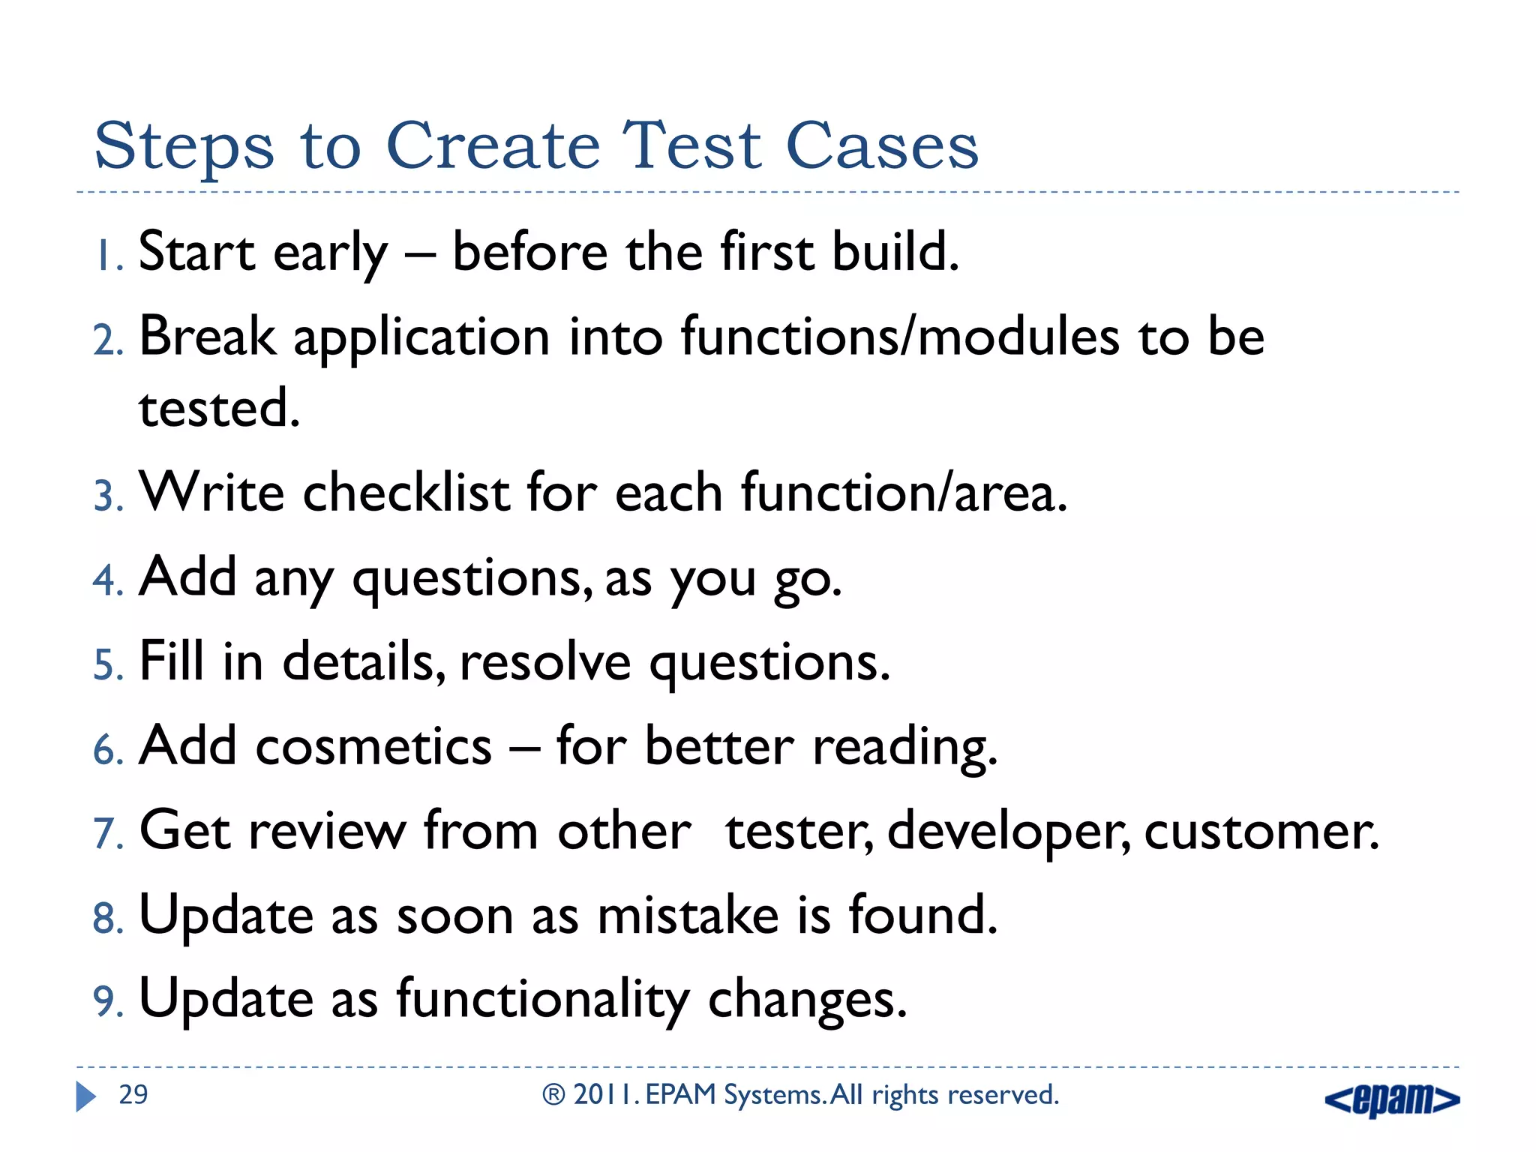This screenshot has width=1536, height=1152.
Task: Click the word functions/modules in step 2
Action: (x=899, y=337)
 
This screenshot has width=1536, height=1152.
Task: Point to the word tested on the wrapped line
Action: (x=218, y=409)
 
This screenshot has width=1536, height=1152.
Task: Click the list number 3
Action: (x=107, y=497)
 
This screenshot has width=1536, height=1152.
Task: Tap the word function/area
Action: (x=903, y=493)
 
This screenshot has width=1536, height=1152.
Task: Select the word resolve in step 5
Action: (x=545, y=663)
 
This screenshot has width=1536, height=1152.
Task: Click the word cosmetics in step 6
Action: (x=373, y=747)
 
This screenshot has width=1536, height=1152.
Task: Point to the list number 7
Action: (x=107, y=834)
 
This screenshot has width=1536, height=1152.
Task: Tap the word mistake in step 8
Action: (x=688, y=916)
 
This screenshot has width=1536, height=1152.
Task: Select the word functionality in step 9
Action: (x=542, y=1000)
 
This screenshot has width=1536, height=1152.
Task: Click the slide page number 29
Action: (x=133, y=1095)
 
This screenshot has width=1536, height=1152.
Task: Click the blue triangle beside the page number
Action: (x=85, y=1096)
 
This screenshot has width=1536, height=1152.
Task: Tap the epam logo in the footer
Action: (x=1392, y=1099)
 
